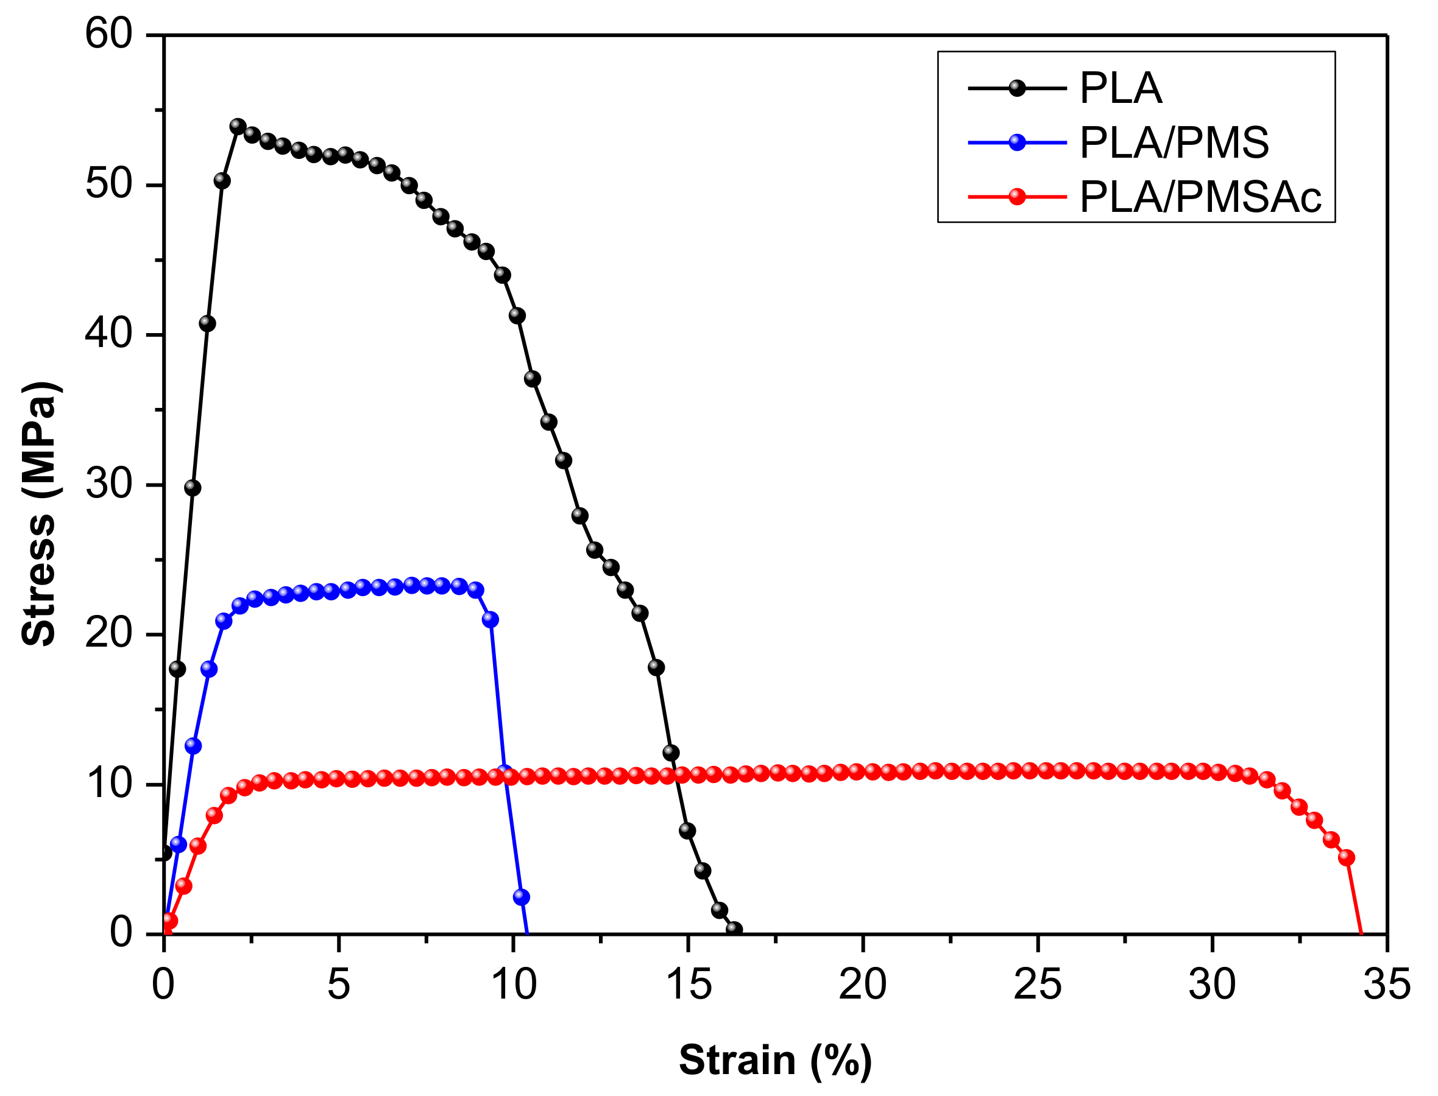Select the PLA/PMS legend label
pyautogui.click(x=1174, y=142)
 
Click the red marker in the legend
pyautogui.click(x=1017, y=196)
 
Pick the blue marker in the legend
pyautogui.click(x=1017, y=142)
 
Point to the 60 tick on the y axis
pyautogui.click(x=109, y=33)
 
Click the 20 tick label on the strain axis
pyautogui.click(x=862, y=985)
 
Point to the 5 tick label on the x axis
pyautogui.click(x=338, y=985)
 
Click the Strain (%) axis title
pyautogui.click(x=775, y=1059)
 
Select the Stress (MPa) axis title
pyautogui.click(x=39, y=513)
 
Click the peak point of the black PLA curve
pyautogui.click(x=238, y=126)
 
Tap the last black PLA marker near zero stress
pyautogui.click(x=734, y=929)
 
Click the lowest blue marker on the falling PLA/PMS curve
pyautogui.click(x=521, y=897)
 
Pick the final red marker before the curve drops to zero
pyautogui.click(x=1346, y=857)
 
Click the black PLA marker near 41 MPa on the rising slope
pyautogui.click(x=207, y=323)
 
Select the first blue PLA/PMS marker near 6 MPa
pyautogui.click(x=178, y=844)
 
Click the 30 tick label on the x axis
pyautogui.click(x=1211, y=985)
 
